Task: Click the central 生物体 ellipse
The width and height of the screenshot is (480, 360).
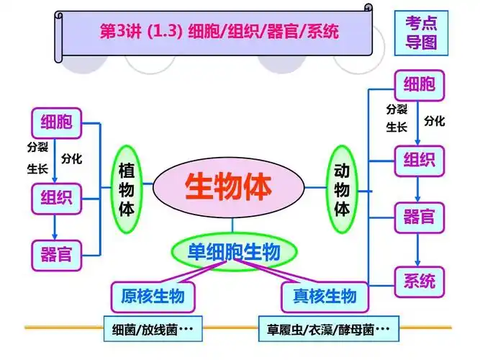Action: click(x=229, y=188)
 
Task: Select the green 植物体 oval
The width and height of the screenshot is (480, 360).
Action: click(x=127, y=189)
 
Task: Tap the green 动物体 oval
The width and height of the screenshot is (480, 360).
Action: click(x=343, y=189)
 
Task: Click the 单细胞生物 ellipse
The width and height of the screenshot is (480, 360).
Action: click(x=233, y=251)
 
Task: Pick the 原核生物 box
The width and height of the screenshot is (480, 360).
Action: click(x=153, y=296)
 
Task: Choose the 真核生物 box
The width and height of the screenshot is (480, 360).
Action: click(x=325, y=296)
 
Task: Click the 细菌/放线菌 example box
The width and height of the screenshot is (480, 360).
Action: click(x=153, y=330)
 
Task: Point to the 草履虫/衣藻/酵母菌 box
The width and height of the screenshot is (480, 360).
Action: click(x=324, y=330)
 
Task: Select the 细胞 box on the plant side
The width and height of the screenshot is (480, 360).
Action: click(x=56, y=121)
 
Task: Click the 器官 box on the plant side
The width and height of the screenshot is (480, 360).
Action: click(x=56, y=253)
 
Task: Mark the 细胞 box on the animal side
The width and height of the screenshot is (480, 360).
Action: click(x=418, y=85)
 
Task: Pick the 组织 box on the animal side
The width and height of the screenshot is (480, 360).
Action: click(x=418, y=158)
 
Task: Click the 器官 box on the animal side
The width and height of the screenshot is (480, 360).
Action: click(x=418, y=216)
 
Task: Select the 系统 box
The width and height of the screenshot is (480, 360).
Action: click(x=418, y=281)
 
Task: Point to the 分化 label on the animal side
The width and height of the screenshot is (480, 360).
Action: click(x=434, y=121)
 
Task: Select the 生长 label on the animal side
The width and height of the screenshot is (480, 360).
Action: click(x=397, y=127)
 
